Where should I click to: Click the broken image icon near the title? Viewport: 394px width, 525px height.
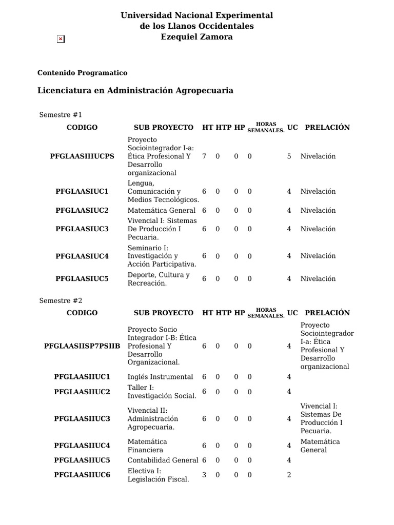[61, 39]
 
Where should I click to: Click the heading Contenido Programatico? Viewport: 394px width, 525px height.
[82, 73]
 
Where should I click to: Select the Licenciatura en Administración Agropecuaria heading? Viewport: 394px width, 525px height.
[135, 91]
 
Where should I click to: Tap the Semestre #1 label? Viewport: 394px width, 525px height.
[61, 114]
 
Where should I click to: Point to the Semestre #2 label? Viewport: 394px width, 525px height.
[61, 300]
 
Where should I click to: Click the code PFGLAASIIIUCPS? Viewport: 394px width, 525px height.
[82, 156]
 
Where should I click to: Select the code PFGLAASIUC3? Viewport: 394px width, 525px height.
[82, 229]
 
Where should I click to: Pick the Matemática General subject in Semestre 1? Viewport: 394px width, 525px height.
[161, 210]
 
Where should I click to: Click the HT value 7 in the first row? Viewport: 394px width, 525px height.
[204, 156]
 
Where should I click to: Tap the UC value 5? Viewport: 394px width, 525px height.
[289, 156]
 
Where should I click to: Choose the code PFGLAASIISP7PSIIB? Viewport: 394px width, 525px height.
[82, 346]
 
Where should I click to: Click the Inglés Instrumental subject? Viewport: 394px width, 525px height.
[160, 377]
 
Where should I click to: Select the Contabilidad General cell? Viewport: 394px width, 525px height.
[163, 460]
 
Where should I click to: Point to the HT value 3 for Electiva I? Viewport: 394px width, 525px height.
[204, 475]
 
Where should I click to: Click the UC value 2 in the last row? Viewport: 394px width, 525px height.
[289, 475]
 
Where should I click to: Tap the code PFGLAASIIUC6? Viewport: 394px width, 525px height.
[82, 475]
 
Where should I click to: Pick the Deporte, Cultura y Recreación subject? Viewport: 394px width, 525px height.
[158, 279]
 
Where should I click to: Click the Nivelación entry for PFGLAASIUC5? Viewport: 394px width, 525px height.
[318, 279]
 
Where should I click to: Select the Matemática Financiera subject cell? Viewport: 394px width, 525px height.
[147, 446]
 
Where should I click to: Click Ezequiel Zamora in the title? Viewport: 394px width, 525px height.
[196, 37]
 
